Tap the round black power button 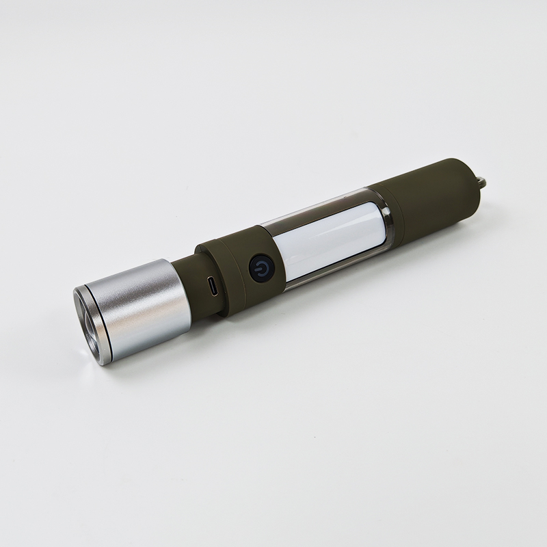262,269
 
